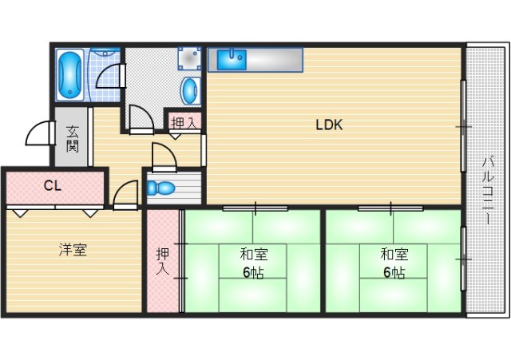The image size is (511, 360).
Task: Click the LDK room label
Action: coord(329,125)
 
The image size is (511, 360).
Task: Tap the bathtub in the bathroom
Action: coord(69,74)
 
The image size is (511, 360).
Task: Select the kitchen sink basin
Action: coord(232,59)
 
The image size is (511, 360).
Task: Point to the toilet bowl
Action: coord(160,188)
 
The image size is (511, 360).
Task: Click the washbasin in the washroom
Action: coord(190,91)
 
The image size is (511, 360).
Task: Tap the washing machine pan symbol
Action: coord(189,58)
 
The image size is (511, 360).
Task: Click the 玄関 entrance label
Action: coord(73,138)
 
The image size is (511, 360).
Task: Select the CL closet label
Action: coord(53,186)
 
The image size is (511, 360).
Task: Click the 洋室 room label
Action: coord(73,250)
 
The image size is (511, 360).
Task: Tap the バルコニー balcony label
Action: coord(488,190)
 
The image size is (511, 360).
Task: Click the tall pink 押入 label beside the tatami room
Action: coord(163,261)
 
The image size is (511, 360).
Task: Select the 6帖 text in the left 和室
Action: coord(253,273)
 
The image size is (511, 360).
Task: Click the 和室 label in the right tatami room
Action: coord(394,255)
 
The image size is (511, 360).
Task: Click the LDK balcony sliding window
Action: coord(463,126)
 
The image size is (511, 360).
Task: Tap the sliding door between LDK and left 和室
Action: coord(255,208)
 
